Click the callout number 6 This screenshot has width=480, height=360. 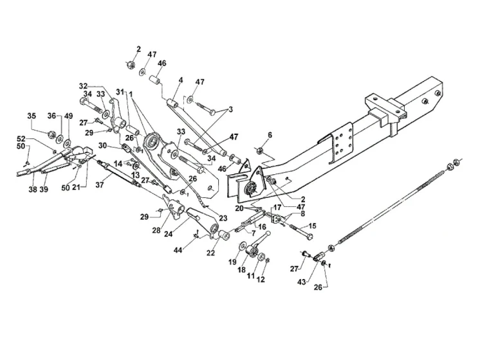tap(270, 135)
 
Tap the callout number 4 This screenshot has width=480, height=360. tap(181, 80)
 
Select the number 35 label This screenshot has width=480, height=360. tap(32, 116)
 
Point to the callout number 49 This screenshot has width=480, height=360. tap(69, 116)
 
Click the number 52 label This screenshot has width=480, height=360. tap(21, 139)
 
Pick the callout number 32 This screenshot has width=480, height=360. tap(83, 86)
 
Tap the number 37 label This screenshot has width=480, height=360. tap(100, 184)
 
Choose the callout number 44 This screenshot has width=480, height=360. tap(178, 250)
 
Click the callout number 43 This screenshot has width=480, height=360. tap(302, 282)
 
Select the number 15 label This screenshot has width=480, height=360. tap(313, 226)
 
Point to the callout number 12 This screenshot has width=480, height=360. tap(261, 279)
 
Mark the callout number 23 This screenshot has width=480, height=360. tap(223, 218)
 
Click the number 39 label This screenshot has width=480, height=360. tap(44, 190)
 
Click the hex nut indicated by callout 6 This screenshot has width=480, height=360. tap(259, 150)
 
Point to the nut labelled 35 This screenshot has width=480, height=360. tap(51, 134)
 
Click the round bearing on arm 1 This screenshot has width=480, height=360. tap(152, 141)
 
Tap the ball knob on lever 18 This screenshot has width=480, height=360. tap(268, 233)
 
